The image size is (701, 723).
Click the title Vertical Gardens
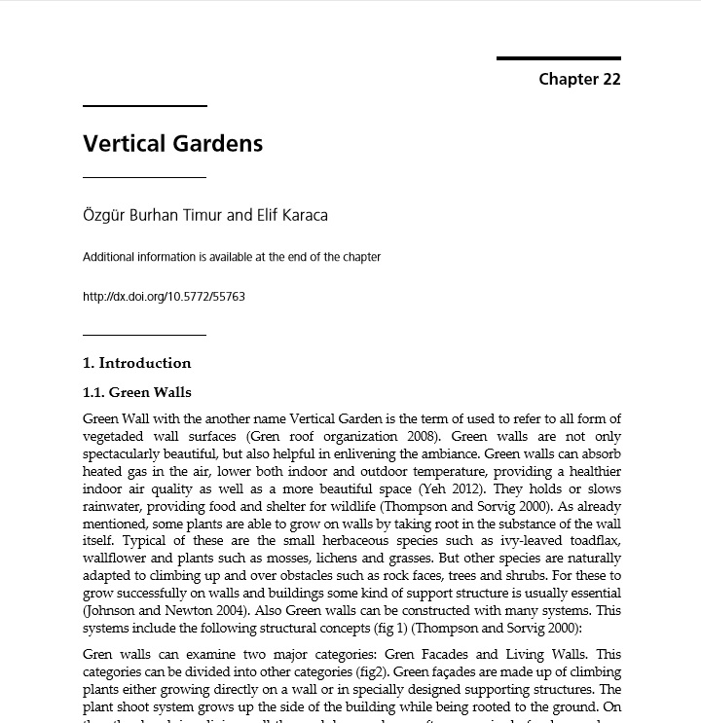pos(172,143)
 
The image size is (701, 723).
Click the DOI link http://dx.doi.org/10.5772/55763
pos(164,297)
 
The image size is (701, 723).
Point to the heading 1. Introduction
pos(136,363)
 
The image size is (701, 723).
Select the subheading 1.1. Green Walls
pos(136,393)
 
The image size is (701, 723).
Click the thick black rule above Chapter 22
pos(558,58)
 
